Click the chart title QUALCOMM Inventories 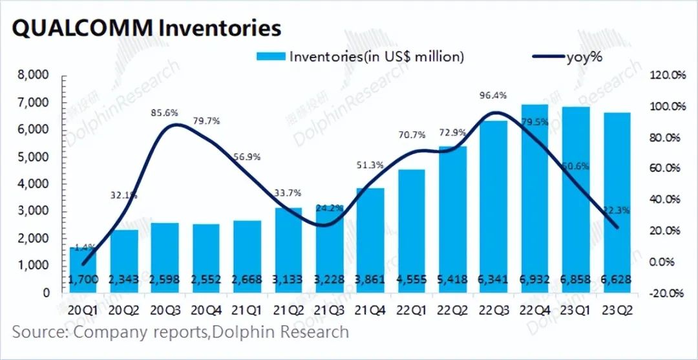point(147,28)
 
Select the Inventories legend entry point(361,57)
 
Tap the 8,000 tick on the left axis point(32,76)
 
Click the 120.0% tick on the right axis point(666,76)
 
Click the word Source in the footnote point(39,332)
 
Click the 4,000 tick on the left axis point(32,184)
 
